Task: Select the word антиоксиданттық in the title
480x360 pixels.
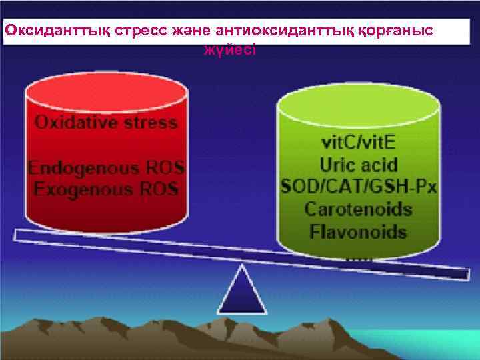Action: coord(266,31)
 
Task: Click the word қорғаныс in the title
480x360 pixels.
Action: coord(389,31)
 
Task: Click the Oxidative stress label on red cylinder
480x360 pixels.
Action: coord(107,123)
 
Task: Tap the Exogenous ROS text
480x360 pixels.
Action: coord(107,189)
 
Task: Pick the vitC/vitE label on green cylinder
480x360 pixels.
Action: coord(358,141)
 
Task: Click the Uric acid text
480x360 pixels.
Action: coord(358,163)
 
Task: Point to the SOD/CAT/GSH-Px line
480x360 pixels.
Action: coord(358,186)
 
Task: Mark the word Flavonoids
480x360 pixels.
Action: coord(358,231)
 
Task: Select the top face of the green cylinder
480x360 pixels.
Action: coord(358,103)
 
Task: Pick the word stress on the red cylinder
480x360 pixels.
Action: coord(153,123)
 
